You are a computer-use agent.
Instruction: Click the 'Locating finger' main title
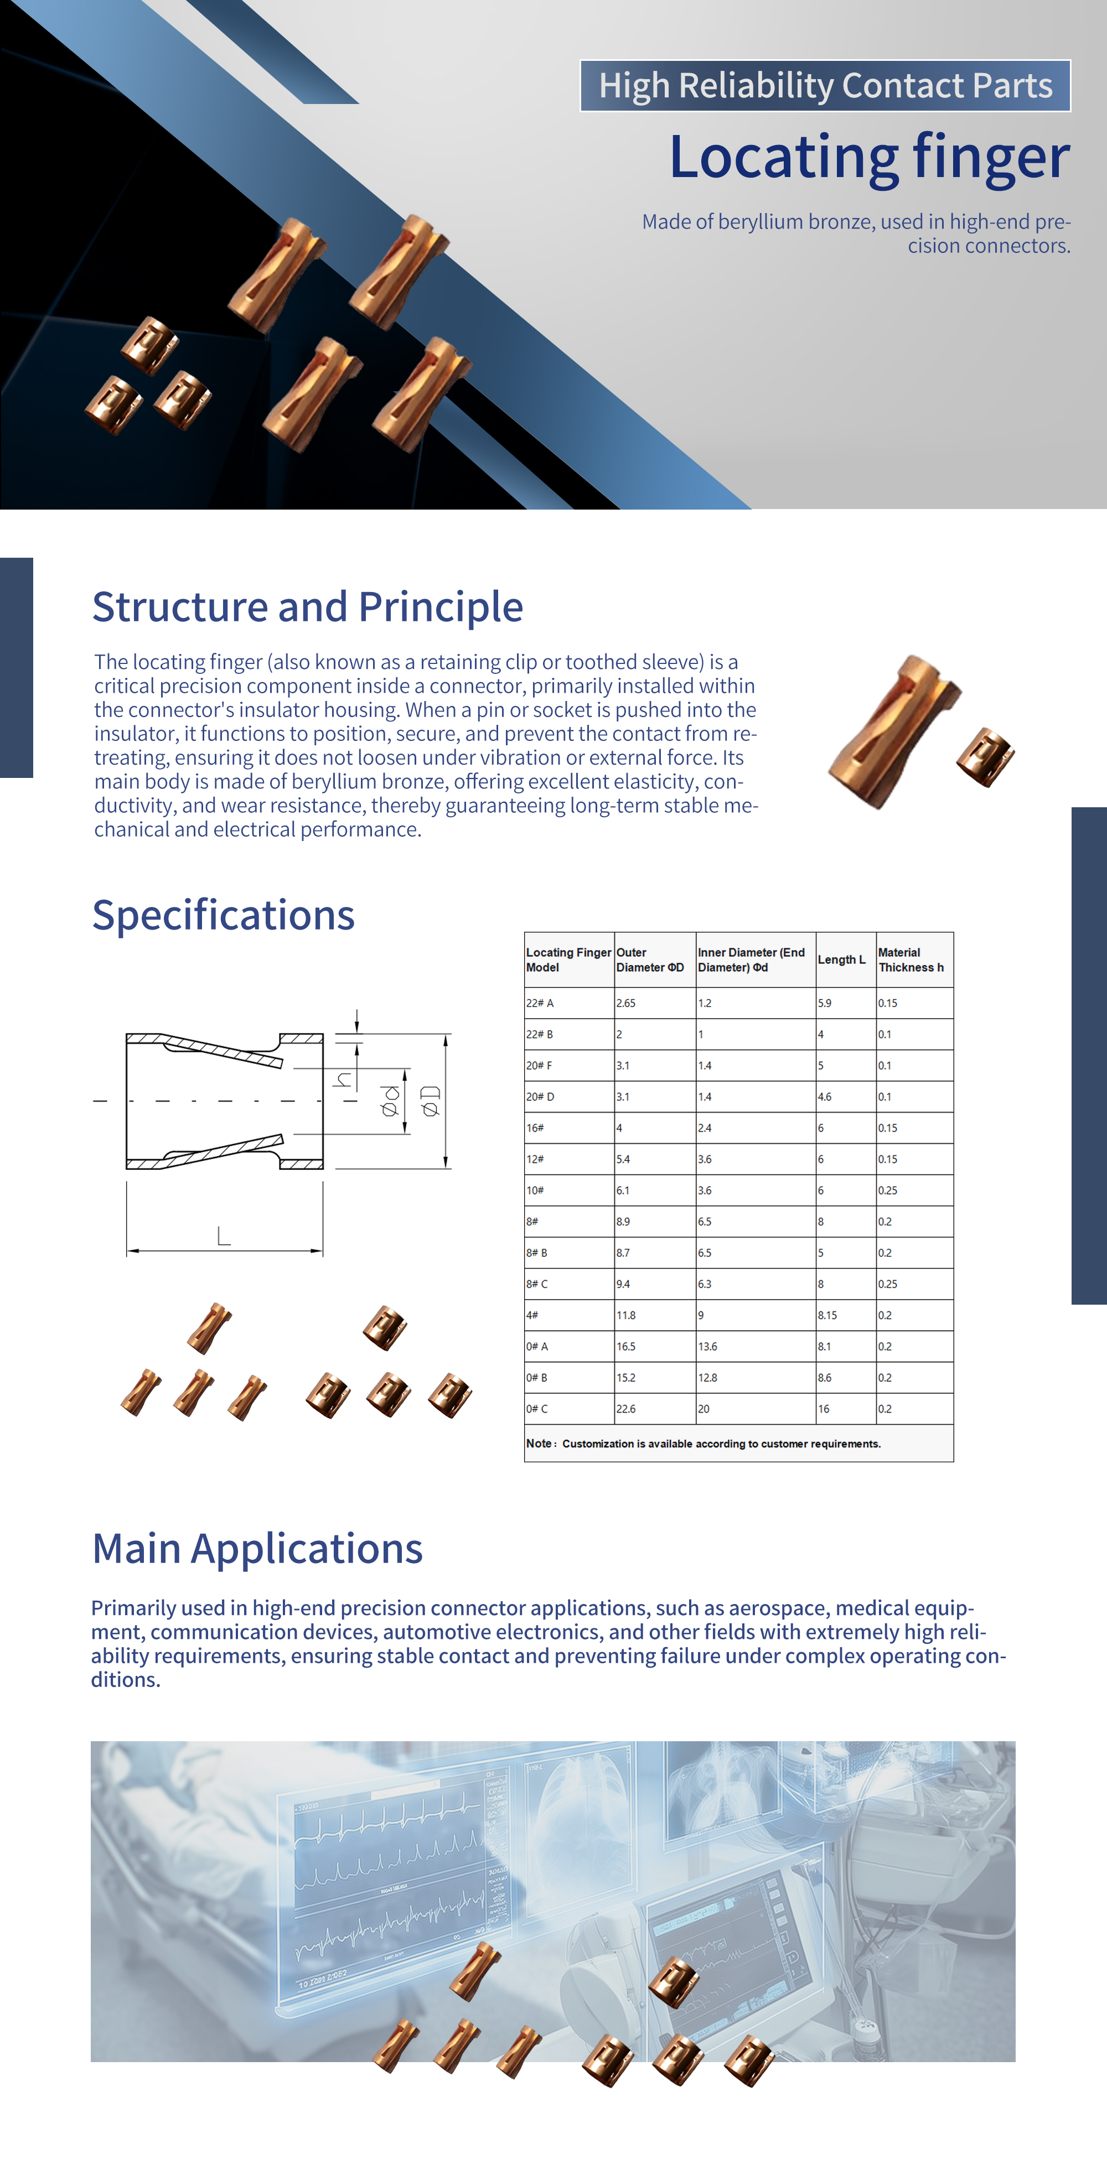point(869,157)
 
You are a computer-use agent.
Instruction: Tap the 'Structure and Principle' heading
point(307,607)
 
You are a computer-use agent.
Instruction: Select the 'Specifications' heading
point(223,915)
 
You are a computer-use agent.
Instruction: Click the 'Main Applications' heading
point(257,1549)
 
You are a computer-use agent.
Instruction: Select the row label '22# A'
point(540,1003)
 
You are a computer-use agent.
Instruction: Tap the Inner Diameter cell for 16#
point(705,1128)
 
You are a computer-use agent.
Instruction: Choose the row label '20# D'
point(540,1097)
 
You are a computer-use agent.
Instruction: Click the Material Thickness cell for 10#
point(887,1191)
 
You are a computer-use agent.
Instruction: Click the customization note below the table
point(703,1444)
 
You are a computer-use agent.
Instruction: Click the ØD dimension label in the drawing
point(431,1101)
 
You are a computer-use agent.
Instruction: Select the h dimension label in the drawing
point(343,1079)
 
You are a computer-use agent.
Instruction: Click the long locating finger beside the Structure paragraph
point(893,731)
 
